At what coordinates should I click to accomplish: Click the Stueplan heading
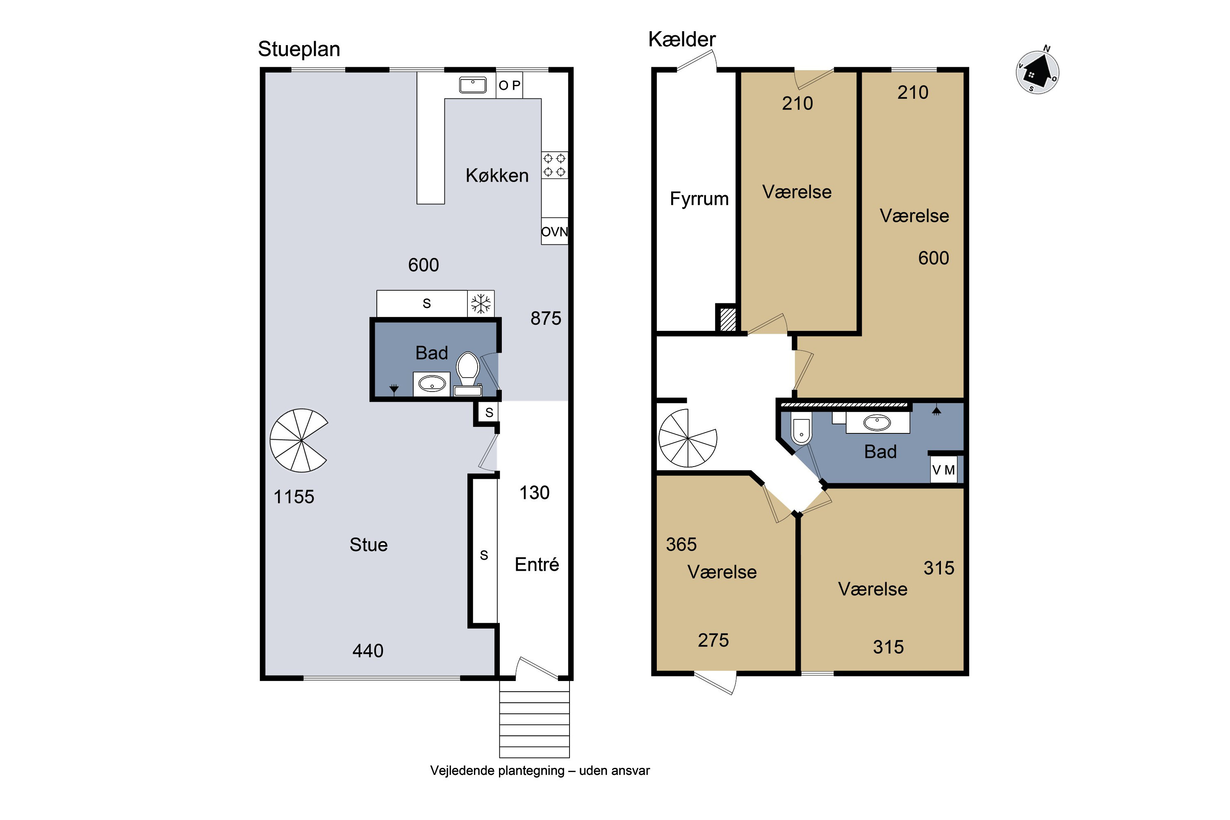click(x=298, y=50)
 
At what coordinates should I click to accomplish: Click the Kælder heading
click(x=681, y=40)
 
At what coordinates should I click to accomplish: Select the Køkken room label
click(x=497, y=175)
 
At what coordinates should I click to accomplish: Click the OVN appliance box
click(x=554, y=231)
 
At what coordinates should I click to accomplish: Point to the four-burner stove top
click(x=554, y=165)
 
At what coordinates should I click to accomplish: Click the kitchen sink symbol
click(x=473, y=85)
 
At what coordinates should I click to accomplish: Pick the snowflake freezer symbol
click(x=481, y=303)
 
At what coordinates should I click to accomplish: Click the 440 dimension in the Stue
click(x=368, y=651)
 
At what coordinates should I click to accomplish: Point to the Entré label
click(x=537, y=564)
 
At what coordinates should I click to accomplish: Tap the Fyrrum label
click(x=699, y=199)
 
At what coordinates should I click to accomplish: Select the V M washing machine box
click(x=943, y=469)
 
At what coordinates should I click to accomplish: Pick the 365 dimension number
click(x=681, y=544)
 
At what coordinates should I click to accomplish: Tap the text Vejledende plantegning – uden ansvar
click(x=540, y=771)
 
